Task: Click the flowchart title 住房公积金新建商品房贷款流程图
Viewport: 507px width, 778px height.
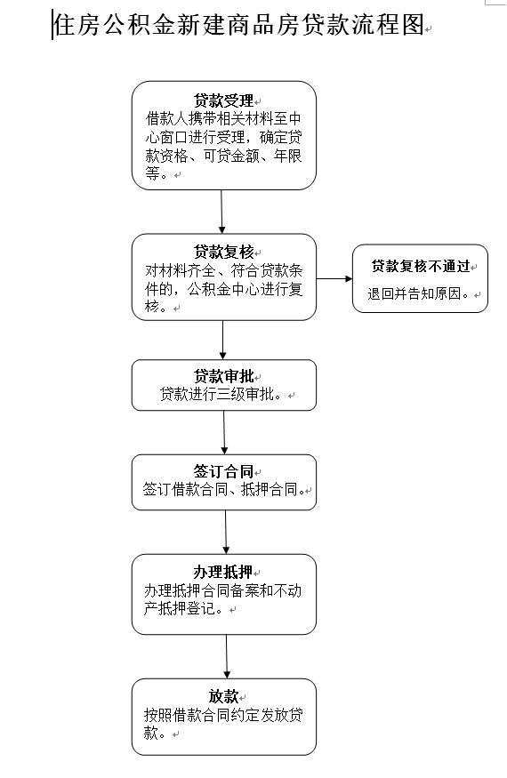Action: coord(239,24)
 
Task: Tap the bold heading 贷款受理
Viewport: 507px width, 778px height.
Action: coord(223,100)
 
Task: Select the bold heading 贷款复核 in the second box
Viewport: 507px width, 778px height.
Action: coord(223,252)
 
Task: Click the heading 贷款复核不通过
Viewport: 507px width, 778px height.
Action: coord(421,267)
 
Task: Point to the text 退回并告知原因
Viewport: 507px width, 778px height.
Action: coord(416,293)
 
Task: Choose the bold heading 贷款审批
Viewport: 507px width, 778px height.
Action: coord(223,376)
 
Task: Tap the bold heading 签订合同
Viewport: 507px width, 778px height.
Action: coord(223,471)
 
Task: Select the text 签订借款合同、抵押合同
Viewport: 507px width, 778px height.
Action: coord(222,490)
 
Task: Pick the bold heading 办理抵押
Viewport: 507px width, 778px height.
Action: coord(223,572)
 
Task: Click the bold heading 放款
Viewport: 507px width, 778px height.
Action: coord(223,696)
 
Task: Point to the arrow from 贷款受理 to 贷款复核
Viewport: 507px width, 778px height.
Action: coord(221,212)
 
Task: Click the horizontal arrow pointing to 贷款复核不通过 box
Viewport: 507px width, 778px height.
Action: coord(334,279)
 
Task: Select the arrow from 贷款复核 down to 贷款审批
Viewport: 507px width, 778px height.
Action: coord(222,340)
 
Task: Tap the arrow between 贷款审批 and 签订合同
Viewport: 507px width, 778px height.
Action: coord(224,433)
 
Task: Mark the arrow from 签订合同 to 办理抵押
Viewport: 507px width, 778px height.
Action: coord(225,533)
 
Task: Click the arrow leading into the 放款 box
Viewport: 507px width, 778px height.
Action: coord(227,657)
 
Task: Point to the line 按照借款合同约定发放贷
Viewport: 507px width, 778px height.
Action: coord(223,715)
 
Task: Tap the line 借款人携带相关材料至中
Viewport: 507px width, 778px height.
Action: coord(223,119)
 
